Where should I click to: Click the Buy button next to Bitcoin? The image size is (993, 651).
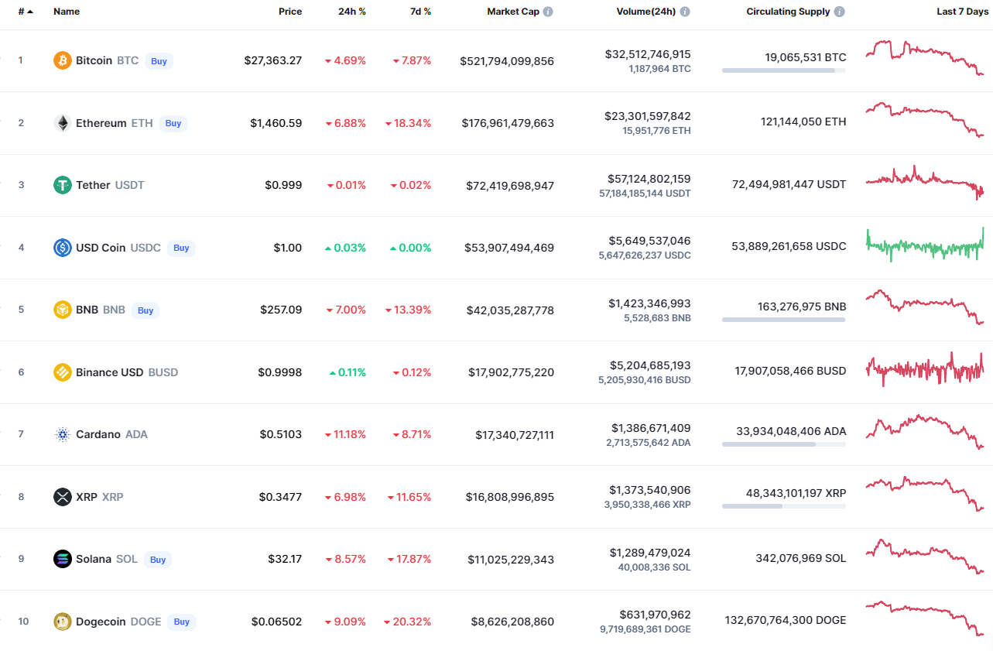(x=159, y=60)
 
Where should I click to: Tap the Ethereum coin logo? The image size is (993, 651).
(x=63, y=123)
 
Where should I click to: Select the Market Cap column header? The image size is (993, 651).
(x=513, y=12)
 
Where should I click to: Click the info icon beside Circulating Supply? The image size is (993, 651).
(x=839, y=12)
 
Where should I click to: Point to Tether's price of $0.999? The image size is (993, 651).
(x=283, y=185)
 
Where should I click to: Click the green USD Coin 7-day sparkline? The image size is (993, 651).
(x=925, y=245)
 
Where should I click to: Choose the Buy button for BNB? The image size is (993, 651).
(x=146, y=310)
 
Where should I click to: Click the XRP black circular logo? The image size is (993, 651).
(x=63, y=497)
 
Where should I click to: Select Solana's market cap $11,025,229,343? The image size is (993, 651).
(x=511, y=560)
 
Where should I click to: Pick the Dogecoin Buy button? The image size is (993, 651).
(x=181, y=622)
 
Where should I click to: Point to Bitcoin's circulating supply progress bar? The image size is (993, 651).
(x=784, y=70)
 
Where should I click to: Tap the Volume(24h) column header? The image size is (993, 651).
(x=646, y=12)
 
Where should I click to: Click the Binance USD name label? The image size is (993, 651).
(x=109, y=372)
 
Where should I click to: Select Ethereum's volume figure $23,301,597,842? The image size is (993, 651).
(x=648, y=116)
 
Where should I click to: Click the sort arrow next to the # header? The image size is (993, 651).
(x=30, y=12)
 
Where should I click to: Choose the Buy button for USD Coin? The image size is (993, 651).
(x=181, y=248)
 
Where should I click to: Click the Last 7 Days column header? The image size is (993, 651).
(x=962, y=12)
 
